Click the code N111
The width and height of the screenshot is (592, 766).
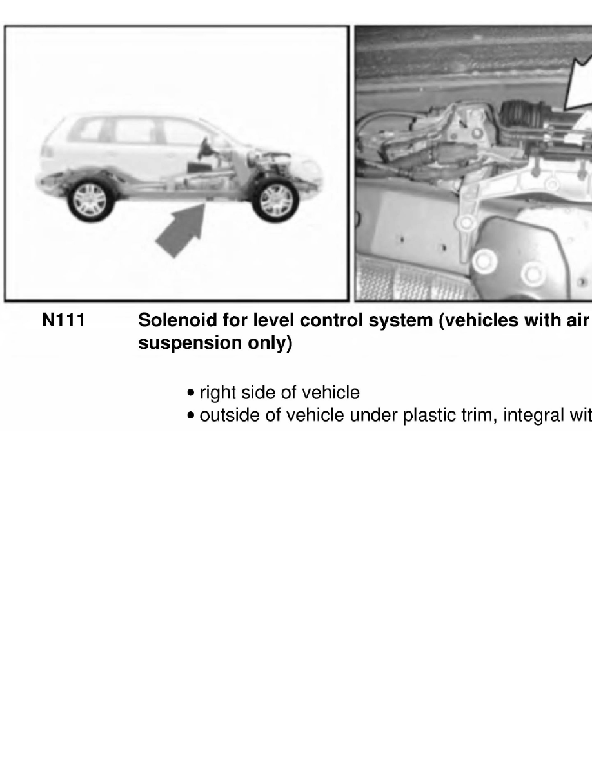pyautogui.click(x=63, y=320)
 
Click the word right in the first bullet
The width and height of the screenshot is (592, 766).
pyautogui.click(x=216, y=392)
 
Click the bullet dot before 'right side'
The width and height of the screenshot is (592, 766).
pyautogui.click(x=191, y=393)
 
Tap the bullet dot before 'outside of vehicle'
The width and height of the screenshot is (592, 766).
pyautogui.click(x=191, y=417)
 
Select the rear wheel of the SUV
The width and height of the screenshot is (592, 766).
pyautogui.click(x=91, y=199)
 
